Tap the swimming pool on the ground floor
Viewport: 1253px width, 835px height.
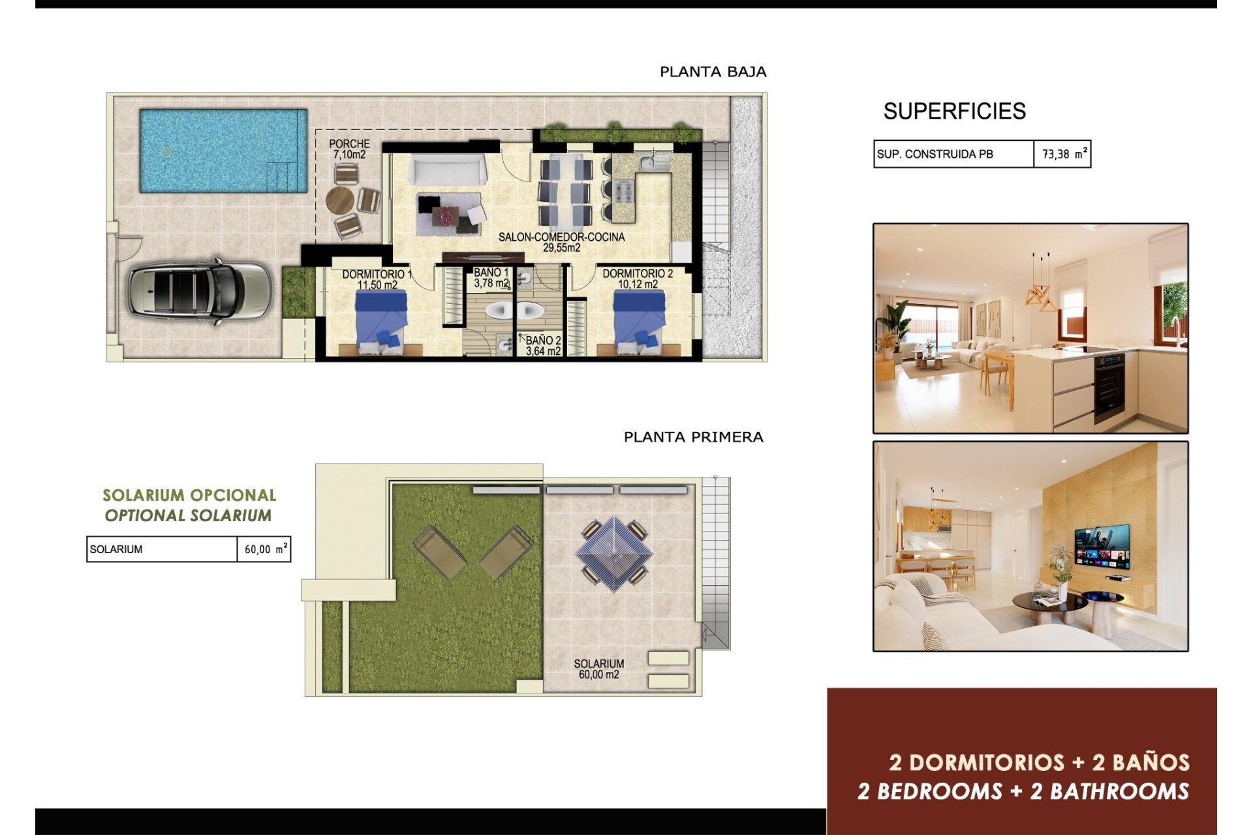click(x=222, y=151)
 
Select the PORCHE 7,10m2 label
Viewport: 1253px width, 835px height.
click(x=349, y=149)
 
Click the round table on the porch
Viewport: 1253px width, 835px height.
click(x=339, y=200)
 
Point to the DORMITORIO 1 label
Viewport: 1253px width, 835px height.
click(x=377, y=275)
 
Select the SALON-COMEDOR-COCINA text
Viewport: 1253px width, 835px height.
click(x=561, y=237)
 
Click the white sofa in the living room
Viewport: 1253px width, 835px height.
click(x=447, y=171)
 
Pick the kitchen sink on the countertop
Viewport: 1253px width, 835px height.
click(x=649, y=160)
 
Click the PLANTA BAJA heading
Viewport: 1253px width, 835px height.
click(x=713, y=72)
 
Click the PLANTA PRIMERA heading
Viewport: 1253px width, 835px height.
click(x=693, y=437)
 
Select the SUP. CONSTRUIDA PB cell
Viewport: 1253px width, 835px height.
click(x=953, y=155)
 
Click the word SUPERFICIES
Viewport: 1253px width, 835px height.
click(x=954, y=112)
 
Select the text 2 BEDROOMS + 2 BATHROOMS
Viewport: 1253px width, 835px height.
click(x=1023, y=792)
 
